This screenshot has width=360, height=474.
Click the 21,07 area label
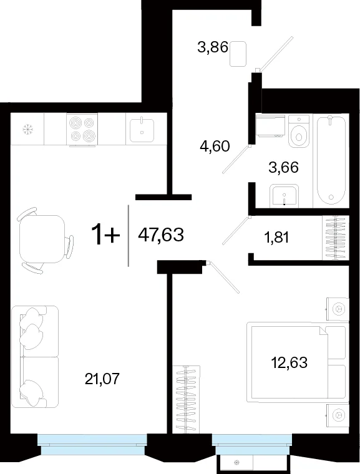coord(102,379)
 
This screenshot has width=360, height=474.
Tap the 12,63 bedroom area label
coord(289,362)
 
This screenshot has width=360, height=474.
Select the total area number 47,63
coord(161,235)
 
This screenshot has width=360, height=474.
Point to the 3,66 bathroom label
coord(283,167)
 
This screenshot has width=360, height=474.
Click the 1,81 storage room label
coord(276,238)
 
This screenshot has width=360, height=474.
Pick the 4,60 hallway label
coord(215,147)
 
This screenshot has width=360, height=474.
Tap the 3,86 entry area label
coord(213,47)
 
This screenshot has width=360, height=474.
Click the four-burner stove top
coord(82,130)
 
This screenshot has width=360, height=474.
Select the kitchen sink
coord(142,130)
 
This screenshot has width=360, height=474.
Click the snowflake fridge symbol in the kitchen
coord(28,130)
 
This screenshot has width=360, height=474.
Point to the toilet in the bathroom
coord(299,131)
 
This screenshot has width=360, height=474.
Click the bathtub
coord(331,160)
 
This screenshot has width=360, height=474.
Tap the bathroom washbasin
coord(284,195)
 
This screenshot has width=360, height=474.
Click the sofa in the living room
coord(34,357)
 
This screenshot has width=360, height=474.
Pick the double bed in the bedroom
coord(296,362)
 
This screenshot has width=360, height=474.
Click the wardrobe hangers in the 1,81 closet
coord(336,238)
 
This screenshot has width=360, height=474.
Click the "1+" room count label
coord(105,235)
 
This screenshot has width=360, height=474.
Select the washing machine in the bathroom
coord(270,125)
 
